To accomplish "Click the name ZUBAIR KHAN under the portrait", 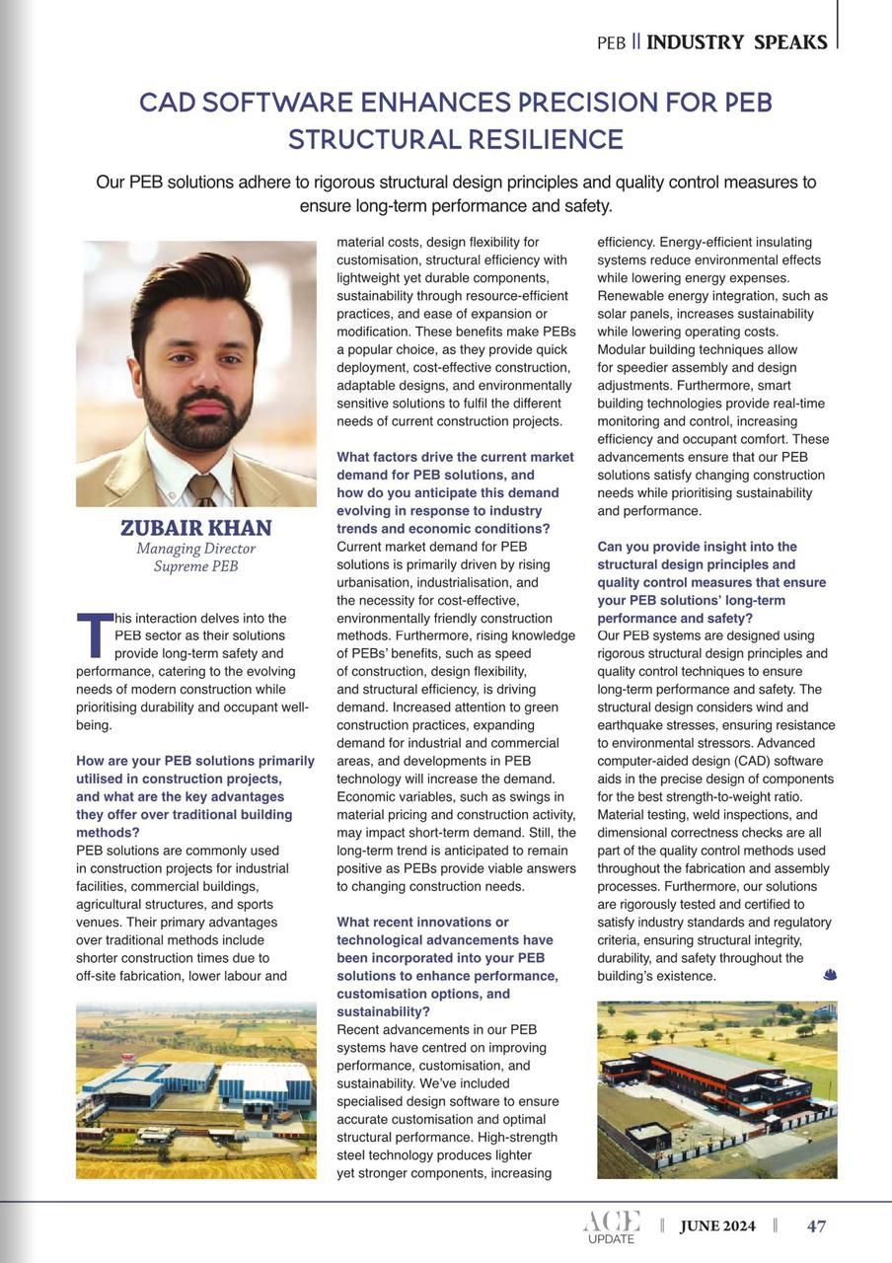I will point(195,528).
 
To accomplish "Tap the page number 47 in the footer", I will point(816,1226).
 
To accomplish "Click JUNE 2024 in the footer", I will point(717,1226).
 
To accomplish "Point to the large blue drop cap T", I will point(94,635).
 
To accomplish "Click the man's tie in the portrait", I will point(202,487).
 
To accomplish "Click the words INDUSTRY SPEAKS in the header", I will point(736,42).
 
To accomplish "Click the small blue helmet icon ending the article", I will point(829,975).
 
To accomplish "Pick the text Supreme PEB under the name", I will point(195,566).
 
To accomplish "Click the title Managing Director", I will point(195,549).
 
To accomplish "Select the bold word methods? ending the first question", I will point(108,832).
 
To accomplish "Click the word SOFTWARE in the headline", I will point(306,103).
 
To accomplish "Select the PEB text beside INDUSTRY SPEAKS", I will point(612,43).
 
